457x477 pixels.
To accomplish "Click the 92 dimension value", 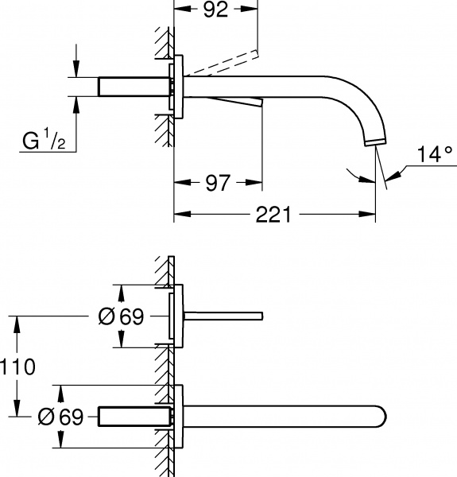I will point(216,10).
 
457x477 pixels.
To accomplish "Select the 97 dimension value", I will point(216,184).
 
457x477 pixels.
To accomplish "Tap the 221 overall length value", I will point(274,215).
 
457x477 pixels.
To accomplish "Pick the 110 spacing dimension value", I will point(17,367).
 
